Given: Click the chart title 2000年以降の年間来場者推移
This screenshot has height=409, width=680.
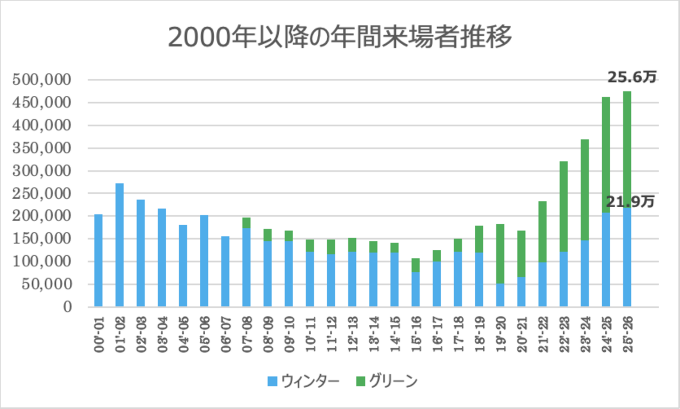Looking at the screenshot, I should tap(340, 37).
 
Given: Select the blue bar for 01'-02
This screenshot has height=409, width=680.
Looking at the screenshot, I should tap(119, 245).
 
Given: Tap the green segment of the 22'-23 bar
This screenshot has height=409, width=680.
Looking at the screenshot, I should tap(564, 206).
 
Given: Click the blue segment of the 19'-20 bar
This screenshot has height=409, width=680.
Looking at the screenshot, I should tap(500, 295).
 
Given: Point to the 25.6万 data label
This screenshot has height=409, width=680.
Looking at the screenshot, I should tap(632, 77).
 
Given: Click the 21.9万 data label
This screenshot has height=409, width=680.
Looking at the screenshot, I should tap(630, 201).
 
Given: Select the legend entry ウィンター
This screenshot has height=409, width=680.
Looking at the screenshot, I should tap(304, 381).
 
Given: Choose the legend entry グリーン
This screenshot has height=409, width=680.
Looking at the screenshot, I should tap(387, 381).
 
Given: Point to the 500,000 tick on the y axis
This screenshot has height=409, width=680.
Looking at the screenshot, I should tap(42, 80).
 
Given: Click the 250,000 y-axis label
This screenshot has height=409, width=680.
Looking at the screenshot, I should tap(42, 193).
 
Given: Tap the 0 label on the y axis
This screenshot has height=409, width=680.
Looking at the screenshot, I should tap(68, 307).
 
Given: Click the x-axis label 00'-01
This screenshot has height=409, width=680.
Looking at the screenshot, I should tap(99, 335).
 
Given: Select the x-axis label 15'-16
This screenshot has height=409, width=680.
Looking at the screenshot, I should tap(416, 335).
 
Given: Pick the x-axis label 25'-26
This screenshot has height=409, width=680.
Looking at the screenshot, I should tap(628, 335).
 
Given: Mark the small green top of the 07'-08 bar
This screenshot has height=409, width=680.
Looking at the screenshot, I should tap(246, 223).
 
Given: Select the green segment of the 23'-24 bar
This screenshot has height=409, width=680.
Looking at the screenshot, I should tap(585, 189).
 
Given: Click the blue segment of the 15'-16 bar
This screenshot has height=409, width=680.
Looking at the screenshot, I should tap(416, 289).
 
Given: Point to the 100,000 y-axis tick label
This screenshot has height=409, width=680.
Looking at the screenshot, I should tap(42, 261).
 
